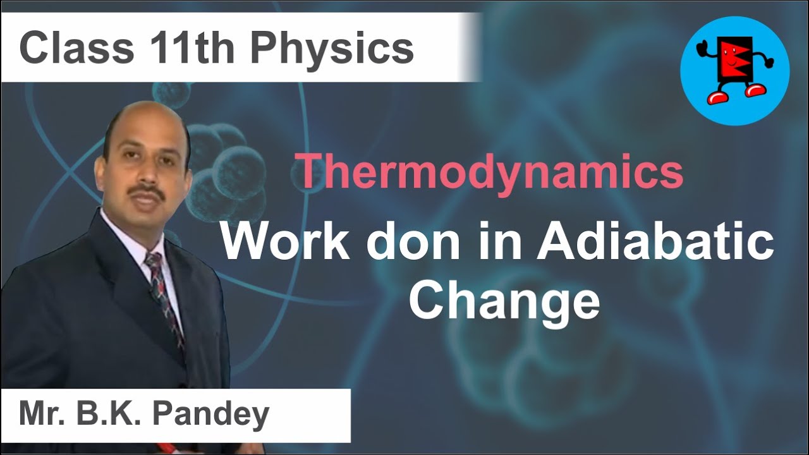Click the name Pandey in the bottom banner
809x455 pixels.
tap(214, 415)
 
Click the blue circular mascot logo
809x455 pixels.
tap(734, 70)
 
